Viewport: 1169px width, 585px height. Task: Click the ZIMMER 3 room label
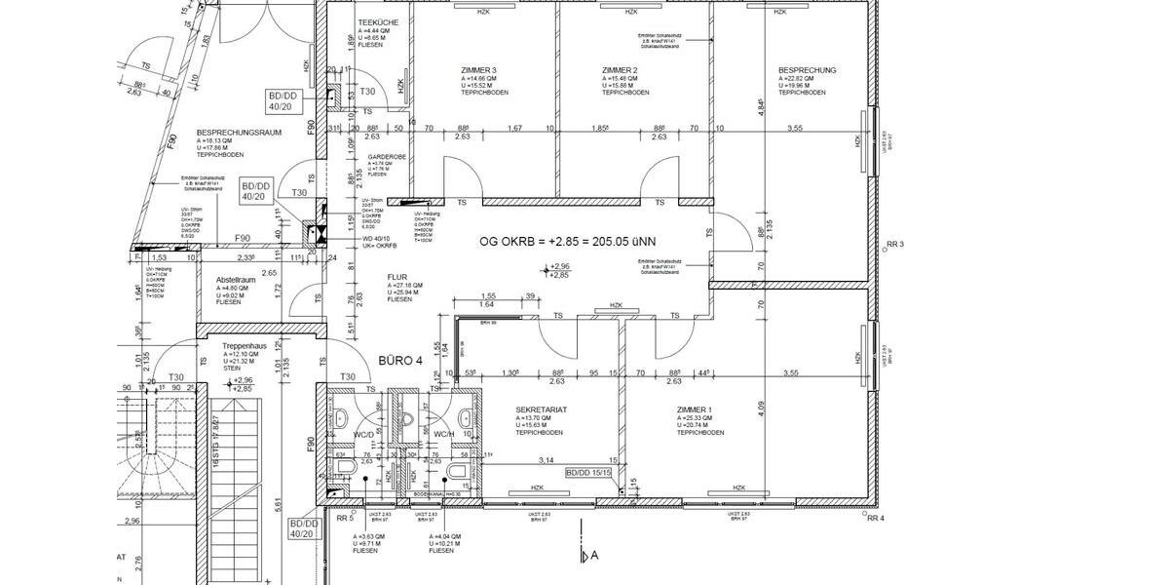[x=478, y=70]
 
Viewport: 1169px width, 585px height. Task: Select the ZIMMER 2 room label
[x=620, y=70]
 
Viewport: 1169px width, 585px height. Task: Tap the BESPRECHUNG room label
[x=807, y=70]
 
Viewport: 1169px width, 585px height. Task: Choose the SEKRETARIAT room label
[x=542, y=410]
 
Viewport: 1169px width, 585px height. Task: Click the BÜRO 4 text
[x=398, y=361]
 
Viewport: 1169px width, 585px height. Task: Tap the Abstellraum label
[x=237, y=280]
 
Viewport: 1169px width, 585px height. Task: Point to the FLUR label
[x=396, y=276]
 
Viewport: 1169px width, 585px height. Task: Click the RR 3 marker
[x=896, y=244]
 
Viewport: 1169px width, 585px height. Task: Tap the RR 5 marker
[x=344, y=519]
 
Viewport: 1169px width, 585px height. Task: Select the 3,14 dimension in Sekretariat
[x=547, y=459]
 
